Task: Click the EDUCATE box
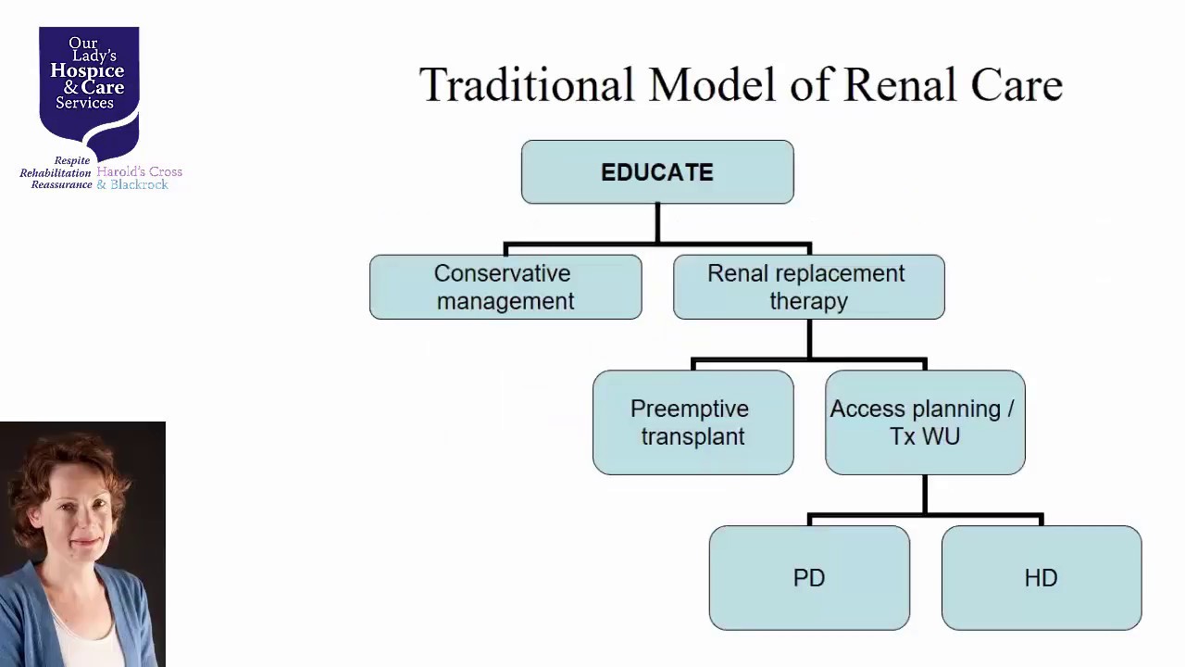[x=657, y=171]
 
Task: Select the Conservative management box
[x=505, y=287]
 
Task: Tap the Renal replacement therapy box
[x=809, y=287]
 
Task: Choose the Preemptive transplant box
[x=693, y=422]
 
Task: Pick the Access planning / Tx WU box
[x=925, y=422]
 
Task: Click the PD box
[x=809, y=578]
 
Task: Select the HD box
[x=1042, y=578]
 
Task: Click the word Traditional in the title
[x=527, y=84]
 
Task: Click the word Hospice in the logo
[x=87, y=70]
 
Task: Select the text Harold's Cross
[x=139, y=171]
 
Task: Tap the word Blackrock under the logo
[x=139, y=184]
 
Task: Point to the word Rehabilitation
[x=56, y=173]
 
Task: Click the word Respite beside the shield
[x=72, y=160]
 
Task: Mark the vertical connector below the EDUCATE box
[x=657, y=223]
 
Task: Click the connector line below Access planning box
[x=925, y=495]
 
